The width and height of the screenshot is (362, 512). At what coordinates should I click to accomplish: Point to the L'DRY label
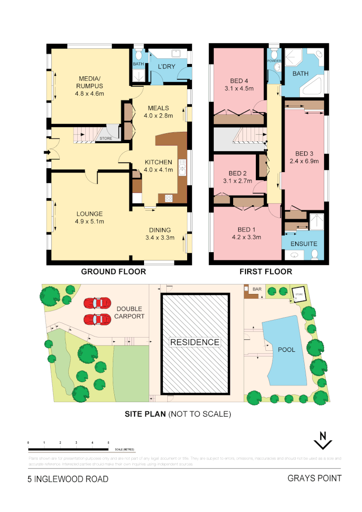166,67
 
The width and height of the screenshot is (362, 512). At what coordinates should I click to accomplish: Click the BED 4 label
239,81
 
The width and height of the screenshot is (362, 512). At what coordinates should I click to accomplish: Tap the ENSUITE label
304,244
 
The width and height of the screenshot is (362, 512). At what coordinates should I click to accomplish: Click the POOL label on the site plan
286,349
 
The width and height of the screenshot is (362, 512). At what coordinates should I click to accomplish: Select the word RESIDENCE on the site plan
195,342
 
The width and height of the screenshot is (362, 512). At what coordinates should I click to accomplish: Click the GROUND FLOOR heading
113,272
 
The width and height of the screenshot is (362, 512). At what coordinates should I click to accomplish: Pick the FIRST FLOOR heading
266,272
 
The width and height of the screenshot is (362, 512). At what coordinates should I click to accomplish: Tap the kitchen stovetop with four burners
169,199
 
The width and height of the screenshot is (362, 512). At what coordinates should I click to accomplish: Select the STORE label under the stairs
106,138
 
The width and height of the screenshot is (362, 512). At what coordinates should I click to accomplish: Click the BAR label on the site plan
257,289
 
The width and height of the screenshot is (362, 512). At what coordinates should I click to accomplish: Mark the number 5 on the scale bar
109,442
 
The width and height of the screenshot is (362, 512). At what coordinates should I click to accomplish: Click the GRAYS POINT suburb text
314,478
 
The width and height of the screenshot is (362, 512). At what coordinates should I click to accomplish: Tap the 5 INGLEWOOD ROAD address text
68,479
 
